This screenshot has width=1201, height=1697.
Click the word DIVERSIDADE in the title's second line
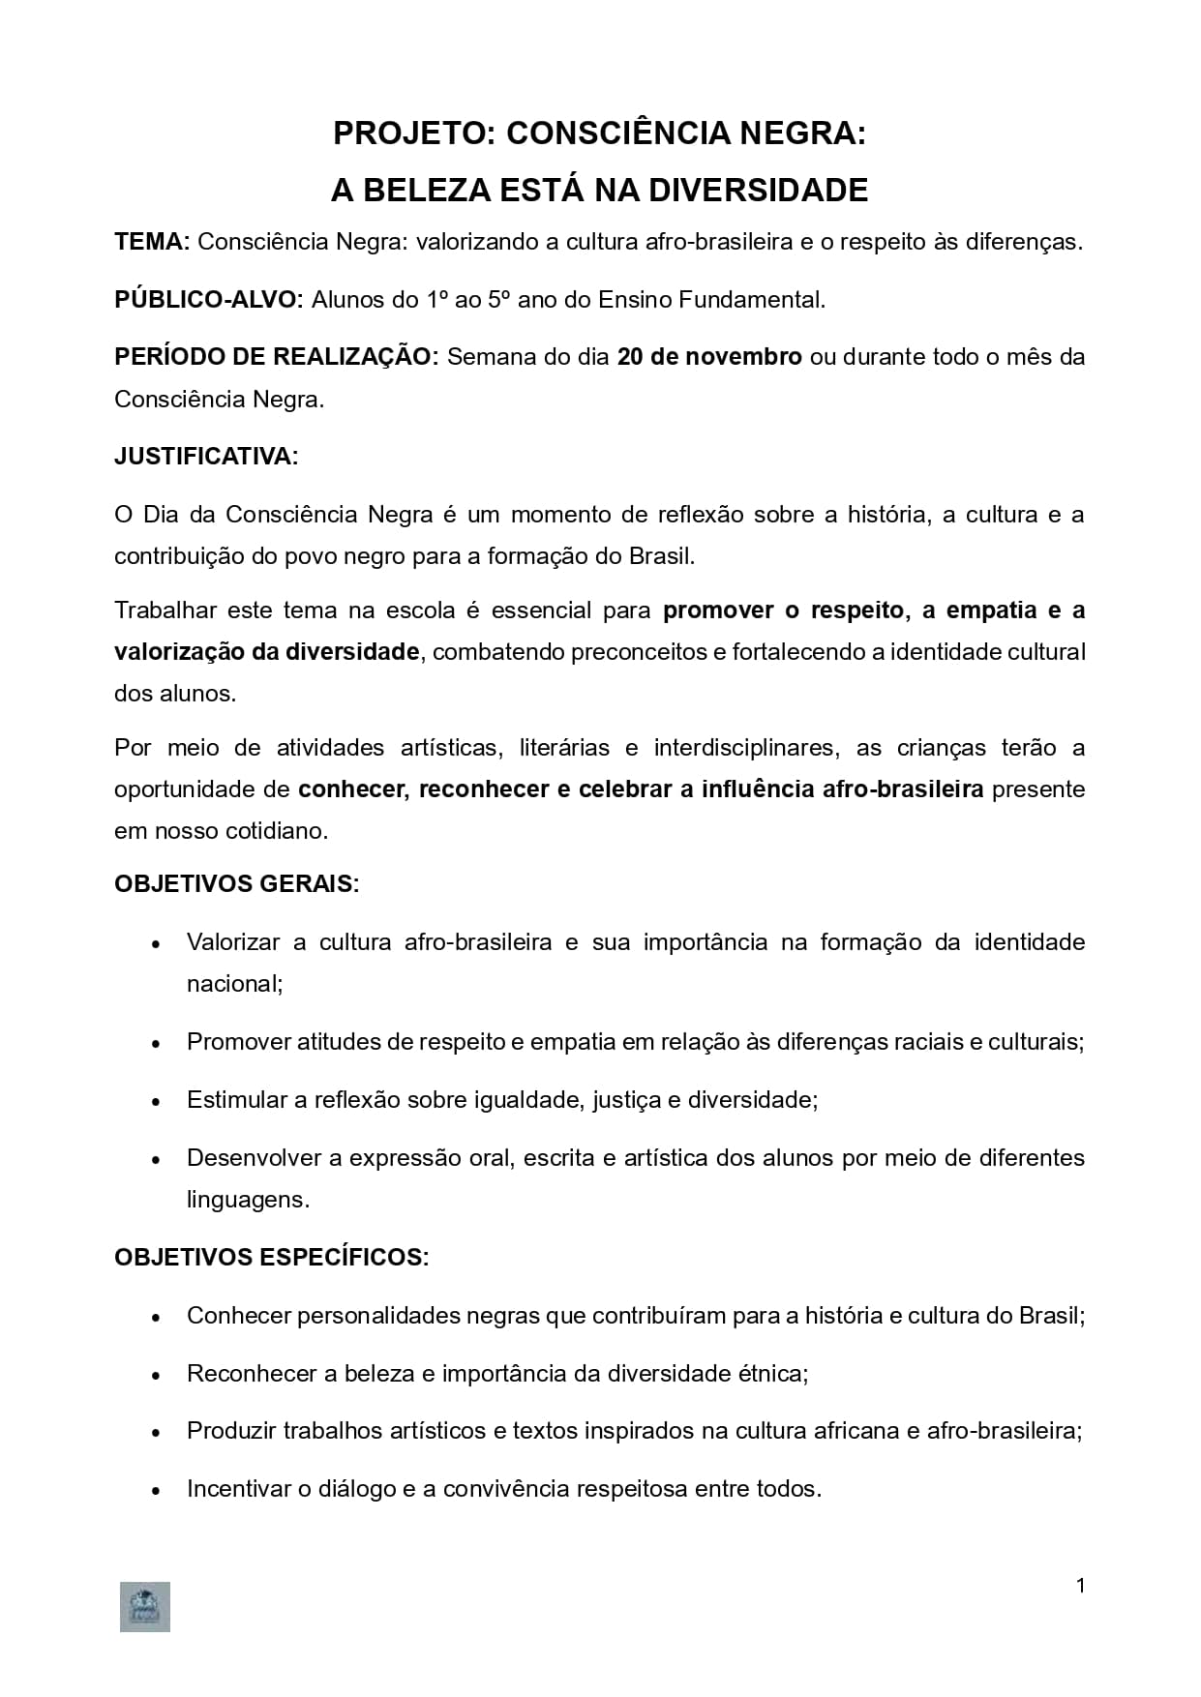click(x=758, y=191)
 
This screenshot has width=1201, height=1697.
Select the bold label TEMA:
click(x=152, y=242)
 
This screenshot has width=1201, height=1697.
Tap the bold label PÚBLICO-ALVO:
click(x=209, y=300)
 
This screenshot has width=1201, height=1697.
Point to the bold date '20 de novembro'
click(x=709, y=357)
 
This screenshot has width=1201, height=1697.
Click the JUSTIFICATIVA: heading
click(x=206, y=457)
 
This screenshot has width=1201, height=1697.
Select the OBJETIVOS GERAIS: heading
click(x=236, y=884)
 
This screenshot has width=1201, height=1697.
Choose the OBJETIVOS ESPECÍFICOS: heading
click(x=271, y=1258)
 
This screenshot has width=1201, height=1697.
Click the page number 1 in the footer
click(x=1080, y=1586)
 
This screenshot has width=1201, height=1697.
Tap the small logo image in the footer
click(x=145, y=1607)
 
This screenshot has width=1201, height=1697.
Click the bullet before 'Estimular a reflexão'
click(x=156, y=1102)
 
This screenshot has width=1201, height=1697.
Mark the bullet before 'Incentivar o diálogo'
click(x=156, y=1491)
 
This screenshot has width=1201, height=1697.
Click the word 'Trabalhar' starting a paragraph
click(x=164, y=610)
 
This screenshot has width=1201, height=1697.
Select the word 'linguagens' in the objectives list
click(x=247, y=1201)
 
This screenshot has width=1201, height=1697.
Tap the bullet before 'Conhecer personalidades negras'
click(x=156, y=1318)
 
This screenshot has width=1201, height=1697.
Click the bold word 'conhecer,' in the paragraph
click(x=352, y=789)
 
